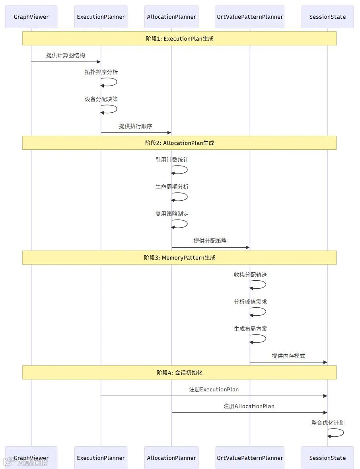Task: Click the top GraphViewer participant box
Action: point(31,17)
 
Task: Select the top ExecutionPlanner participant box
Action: point(101,17)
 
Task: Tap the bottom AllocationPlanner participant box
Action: point(171,458)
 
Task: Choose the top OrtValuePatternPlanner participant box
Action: point(250,17)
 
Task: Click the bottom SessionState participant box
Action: point(327,458)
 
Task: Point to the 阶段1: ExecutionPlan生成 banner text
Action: point(179,39)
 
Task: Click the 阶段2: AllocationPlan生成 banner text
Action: point(179,143)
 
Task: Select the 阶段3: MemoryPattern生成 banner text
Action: point(179,258)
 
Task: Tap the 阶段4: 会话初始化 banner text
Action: point(179,373)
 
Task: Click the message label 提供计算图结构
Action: point(66,55)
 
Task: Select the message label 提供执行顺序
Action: point(135,126)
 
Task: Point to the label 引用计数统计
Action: point(172,160)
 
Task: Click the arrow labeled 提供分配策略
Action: point(210,248)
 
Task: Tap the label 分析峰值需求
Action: point(250,302)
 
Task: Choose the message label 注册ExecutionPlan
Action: point(214,389)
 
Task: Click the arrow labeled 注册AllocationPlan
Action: point(249,413)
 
